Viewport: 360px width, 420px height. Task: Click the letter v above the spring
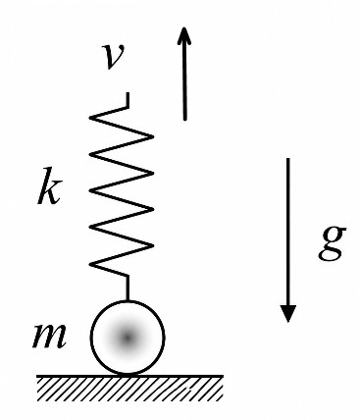point(112,56)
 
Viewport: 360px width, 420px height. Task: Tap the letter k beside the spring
point(49,186)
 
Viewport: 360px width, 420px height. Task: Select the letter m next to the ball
point(49,336)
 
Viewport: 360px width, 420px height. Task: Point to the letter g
point(332,243)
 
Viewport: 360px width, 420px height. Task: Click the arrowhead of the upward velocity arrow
point(184,35)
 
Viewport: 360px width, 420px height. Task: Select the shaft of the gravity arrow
point(288,233)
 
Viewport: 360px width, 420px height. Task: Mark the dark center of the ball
point(128,338)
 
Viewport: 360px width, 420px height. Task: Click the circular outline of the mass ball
point(91,337)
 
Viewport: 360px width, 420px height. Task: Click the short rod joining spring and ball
point(128,288)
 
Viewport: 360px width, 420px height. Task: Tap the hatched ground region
point(129,389)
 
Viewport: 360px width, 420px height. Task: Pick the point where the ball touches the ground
point(128,375)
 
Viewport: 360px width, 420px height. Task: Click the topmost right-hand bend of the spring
point(153,135)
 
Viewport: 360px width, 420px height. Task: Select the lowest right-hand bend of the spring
point(153,245)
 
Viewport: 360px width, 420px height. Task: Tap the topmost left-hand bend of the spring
point(90,117)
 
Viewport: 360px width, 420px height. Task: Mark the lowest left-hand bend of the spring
point(90,264)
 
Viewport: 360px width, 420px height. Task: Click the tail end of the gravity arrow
point(288,159)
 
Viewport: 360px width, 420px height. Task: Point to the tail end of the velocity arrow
point(185,120)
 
